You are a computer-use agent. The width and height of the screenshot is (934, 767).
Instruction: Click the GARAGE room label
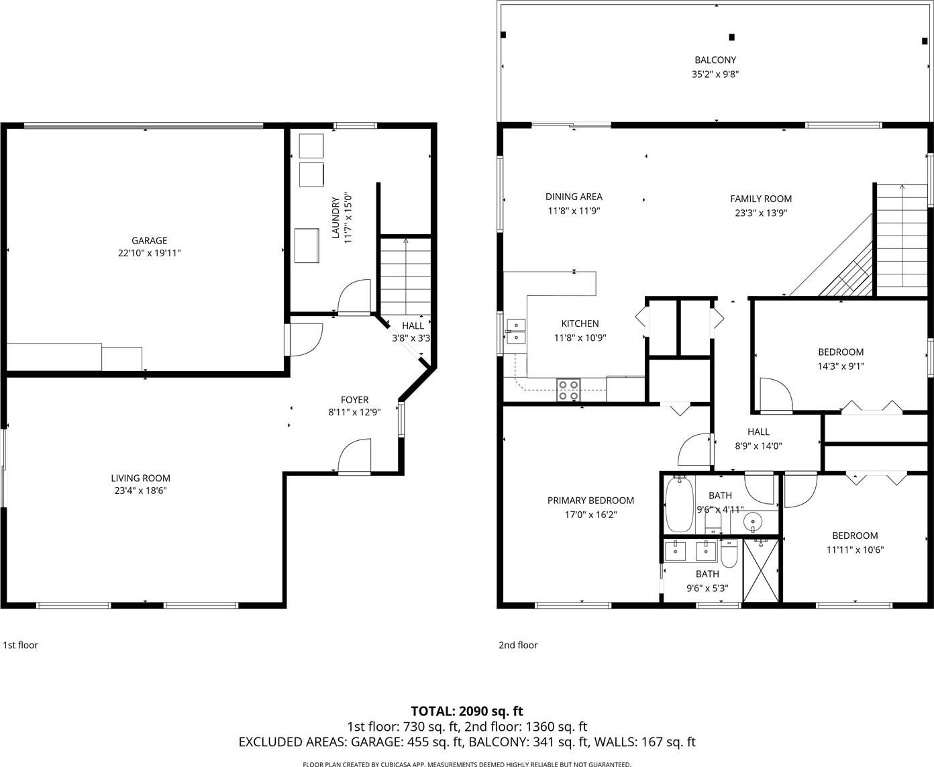(149, 240)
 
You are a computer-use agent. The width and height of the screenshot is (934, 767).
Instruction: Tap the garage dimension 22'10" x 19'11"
(149, 253)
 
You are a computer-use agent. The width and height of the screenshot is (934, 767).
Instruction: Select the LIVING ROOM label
(140, 478)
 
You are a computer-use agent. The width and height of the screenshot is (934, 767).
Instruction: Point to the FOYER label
(354, 400)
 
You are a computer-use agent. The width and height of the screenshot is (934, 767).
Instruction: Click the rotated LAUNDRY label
(335, 217)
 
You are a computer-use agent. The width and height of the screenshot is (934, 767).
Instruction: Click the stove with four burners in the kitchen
(568, 390)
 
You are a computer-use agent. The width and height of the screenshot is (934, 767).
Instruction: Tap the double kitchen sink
(516, 331)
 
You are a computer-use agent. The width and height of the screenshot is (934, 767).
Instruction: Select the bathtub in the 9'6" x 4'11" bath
(679, 504)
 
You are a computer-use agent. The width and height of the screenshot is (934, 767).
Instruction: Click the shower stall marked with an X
(761, 570)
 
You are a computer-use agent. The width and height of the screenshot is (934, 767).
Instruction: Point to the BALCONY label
(715, 60)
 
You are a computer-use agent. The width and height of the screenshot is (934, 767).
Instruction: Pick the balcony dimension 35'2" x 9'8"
(715, 74)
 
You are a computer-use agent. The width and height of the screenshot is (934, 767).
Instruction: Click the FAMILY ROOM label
(761, 199)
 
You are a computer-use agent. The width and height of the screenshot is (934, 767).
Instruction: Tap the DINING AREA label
(574, 197)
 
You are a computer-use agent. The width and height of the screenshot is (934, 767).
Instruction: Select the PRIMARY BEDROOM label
(590, 501)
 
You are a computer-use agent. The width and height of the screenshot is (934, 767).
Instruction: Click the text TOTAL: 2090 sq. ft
(467, 711)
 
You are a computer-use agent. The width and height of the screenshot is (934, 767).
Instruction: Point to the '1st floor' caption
(20, 645)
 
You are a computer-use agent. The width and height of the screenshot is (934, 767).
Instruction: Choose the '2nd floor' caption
(518, 645)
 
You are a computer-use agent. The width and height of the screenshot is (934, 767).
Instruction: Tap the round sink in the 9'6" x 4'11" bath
(752, 521)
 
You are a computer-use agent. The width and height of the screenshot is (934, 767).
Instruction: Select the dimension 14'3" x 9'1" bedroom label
(841, 366)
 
